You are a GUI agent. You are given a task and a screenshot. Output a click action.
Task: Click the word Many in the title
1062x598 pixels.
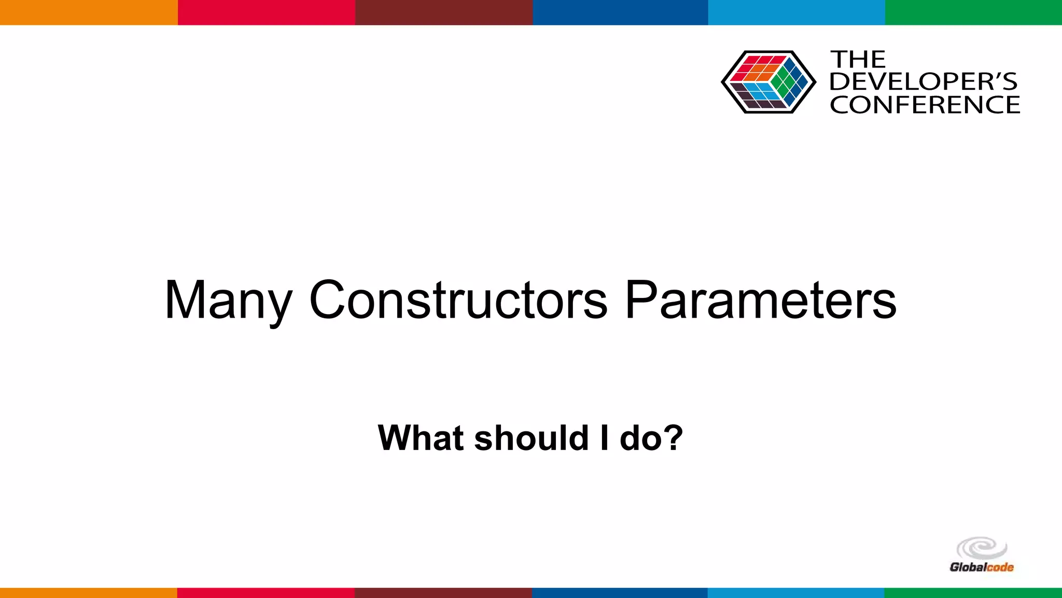coord(228,301)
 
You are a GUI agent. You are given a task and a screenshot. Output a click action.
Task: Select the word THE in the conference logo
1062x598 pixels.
coord(858,60)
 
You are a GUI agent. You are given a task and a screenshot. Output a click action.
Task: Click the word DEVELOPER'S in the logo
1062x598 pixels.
coord(924,82)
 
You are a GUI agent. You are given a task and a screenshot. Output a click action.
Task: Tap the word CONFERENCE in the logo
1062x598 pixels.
coord(925,105)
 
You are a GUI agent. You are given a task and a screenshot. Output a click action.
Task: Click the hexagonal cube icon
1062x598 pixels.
coord(768,82)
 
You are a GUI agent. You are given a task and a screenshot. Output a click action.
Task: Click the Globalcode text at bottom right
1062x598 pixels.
coord(981,567)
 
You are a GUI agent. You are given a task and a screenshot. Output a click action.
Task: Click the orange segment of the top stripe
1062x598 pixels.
coord(88,12)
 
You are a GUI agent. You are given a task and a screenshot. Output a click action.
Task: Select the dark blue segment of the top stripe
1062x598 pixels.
coord(620,12)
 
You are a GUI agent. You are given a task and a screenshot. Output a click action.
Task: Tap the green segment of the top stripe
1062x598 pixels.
coord(973,12)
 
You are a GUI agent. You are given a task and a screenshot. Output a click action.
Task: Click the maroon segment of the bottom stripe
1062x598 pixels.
coord(443,593)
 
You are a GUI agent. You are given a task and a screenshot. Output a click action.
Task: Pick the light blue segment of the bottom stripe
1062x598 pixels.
coord(796,593)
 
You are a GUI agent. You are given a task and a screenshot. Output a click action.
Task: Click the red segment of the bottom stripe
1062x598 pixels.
coord(265,593)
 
